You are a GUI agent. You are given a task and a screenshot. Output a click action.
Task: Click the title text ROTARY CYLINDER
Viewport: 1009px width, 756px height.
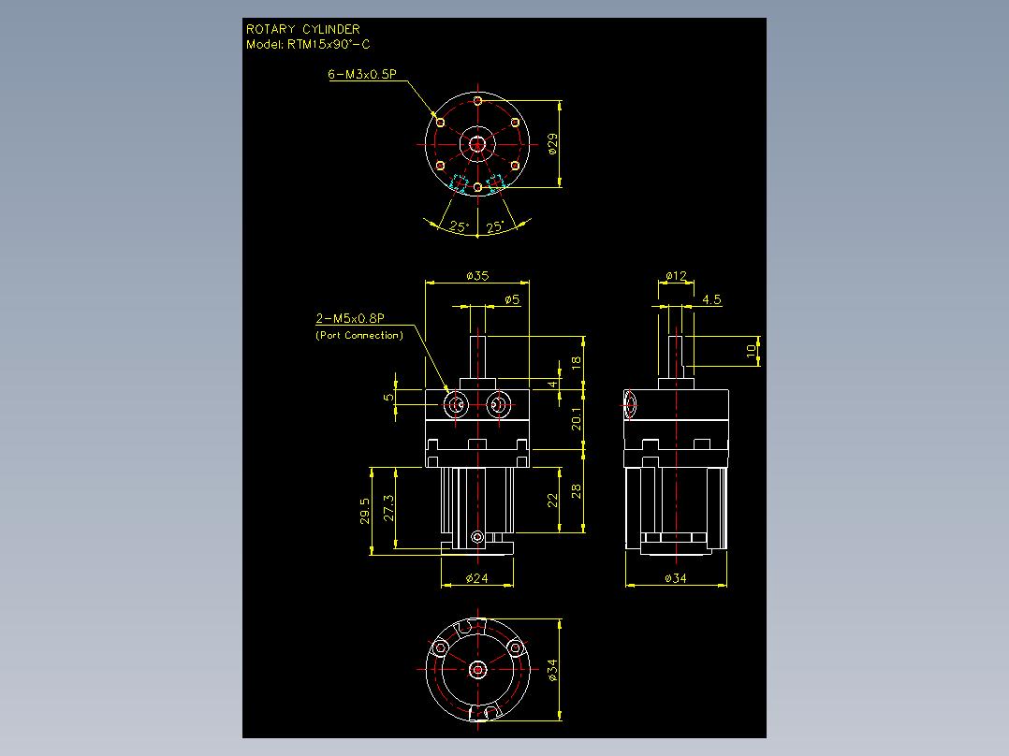click(x=303, y=29)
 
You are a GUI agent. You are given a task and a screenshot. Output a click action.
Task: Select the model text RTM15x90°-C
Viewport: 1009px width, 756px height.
click(x=329, y=44)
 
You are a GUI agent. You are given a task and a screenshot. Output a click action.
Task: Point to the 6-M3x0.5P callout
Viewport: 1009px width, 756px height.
click(x=362, y=74)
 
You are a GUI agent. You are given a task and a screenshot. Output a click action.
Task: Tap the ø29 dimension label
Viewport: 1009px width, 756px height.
click(x=552, y=144)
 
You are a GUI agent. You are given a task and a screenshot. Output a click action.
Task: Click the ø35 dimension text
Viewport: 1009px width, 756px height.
click(x=477, y=276)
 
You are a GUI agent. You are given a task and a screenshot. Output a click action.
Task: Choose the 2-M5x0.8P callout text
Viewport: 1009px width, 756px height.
click(x=350, y=318)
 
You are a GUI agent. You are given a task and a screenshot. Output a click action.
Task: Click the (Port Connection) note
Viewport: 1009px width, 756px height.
click(x=359, y=335)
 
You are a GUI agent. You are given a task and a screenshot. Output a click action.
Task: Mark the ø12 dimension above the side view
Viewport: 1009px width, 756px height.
click(x=676, y=276)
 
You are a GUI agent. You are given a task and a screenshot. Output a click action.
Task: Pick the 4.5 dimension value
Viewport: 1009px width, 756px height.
click(x=711, y=299)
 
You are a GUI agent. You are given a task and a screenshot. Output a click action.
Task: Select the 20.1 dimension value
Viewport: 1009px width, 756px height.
click(x=576, y=419)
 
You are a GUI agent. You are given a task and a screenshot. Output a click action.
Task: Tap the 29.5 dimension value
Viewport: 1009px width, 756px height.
click(x=365, y=511)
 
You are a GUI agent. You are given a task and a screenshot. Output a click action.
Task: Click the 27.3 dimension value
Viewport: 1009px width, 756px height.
click(x=388, y=508)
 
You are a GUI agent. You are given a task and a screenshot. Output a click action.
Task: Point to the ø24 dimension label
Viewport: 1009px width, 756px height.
click(x=476, y=578)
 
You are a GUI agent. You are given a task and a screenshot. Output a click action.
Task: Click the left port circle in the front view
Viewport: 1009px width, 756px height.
click(x=456, y=405)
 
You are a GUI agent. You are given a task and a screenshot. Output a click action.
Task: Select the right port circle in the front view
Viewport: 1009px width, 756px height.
click(x=497, y=405)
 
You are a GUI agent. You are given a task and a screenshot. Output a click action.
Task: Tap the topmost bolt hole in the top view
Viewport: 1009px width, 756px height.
click(x=477, y=101)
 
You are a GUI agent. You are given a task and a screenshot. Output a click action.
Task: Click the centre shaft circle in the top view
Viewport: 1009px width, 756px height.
click(x=477, y=144)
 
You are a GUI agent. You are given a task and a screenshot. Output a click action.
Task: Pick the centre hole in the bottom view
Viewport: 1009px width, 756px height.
click(x=477, y=670)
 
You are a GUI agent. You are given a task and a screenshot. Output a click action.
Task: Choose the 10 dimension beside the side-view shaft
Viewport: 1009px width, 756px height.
click(x=751, y=351)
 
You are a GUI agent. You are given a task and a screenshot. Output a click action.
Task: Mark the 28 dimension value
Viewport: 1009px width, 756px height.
click(x=576, y=491)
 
